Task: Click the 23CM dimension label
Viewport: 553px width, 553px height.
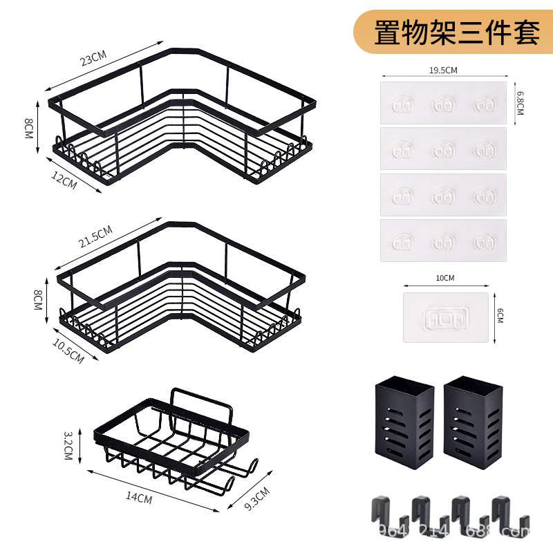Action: tap(95, 58)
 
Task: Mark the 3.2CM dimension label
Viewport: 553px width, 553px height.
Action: tap(68, 446)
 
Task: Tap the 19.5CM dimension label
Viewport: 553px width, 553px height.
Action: tap(443, 70)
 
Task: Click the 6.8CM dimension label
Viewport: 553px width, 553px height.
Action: tap(520, 102)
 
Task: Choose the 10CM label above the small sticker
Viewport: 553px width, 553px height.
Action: tap(445, 279)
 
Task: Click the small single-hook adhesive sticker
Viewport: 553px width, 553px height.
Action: tap(445, 317)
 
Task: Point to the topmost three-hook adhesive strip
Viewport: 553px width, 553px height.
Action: tap(443, 103)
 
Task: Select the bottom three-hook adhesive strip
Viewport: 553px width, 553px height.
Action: tap(443, 241)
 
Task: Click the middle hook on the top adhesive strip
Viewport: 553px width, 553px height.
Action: tap(443, 104)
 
